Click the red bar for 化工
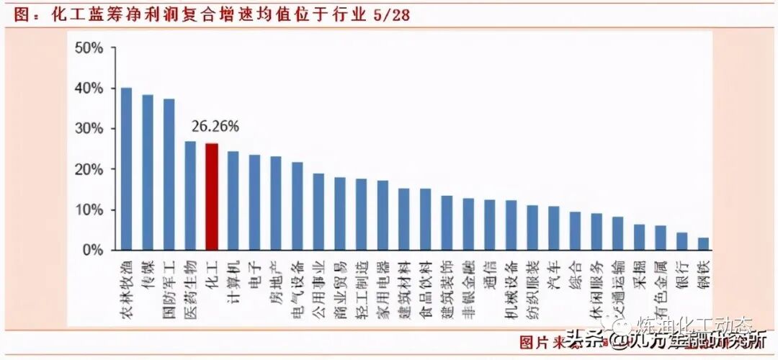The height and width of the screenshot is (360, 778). pyautogui.click(x=212, y=197)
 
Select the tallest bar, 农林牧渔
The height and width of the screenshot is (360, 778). pyautogui.click(x=126, y=169)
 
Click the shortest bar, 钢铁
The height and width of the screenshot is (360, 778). pyautogui.click(x=703, y=244)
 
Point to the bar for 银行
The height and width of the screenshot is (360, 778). pyautogui.click(x=681, y=241)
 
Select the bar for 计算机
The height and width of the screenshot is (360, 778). pyautogui.click(x=233, y=201)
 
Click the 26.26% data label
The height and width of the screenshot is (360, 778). pyautogui.click(x=215, y=126)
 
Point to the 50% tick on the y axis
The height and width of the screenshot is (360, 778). pyautogui.click(x=89, y=48)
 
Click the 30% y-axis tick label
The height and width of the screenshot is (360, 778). pyautogui.click(x=89, y=129)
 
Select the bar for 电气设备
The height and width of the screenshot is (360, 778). pyautogui.click(x=297, y=206)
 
